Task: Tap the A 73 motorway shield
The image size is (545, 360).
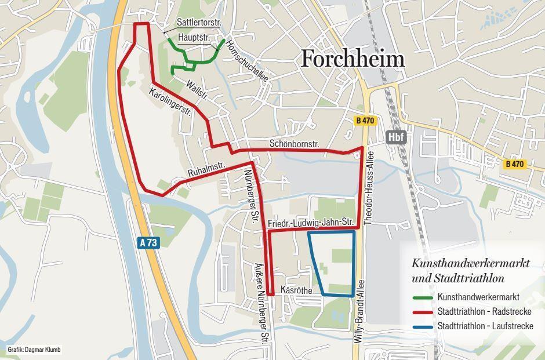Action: [148, 243]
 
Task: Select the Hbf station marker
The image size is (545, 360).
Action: [396, 137]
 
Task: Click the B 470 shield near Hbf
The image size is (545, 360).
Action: [365, 121]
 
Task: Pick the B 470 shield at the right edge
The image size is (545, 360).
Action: [514, 164]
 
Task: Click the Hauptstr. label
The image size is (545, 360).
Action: [194, 37]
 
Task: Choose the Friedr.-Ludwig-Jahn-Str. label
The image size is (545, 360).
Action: [311, 223]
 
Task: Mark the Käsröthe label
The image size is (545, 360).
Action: [296, 290]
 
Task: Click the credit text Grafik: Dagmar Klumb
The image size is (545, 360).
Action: [34, 350]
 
